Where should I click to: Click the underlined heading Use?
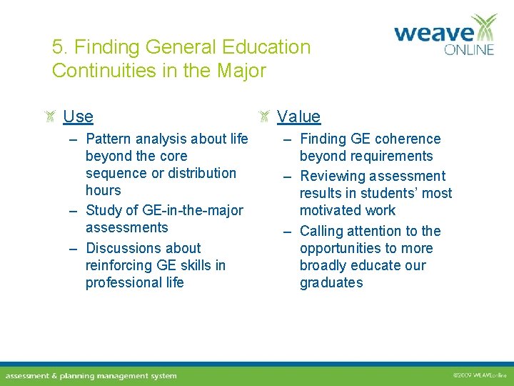coord(78,117)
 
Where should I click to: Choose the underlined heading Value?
coord(298,117)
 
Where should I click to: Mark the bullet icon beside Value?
coord(264,117)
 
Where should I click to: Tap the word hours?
coord(103,190)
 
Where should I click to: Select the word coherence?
coord(407,139)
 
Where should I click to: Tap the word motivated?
coord(331,210)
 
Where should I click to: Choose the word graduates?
coord(331,282)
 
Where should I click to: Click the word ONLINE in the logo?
coord(468,50)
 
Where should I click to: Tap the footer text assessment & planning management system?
coord(91,376)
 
